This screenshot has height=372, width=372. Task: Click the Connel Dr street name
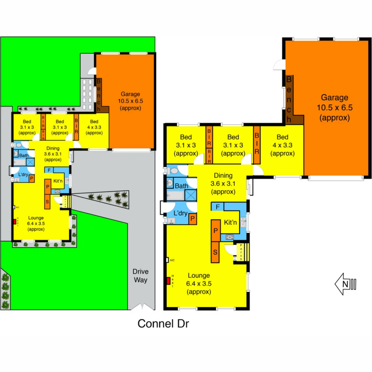[x=163, y=324]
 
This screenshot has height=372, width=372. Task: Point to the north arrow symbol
[x=345, y=284]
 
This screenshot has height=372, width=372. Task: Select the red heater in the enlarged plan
[x=168, y=281]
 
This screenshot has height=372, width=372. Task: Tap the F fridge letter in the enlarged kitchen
[x=217, y=207]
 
